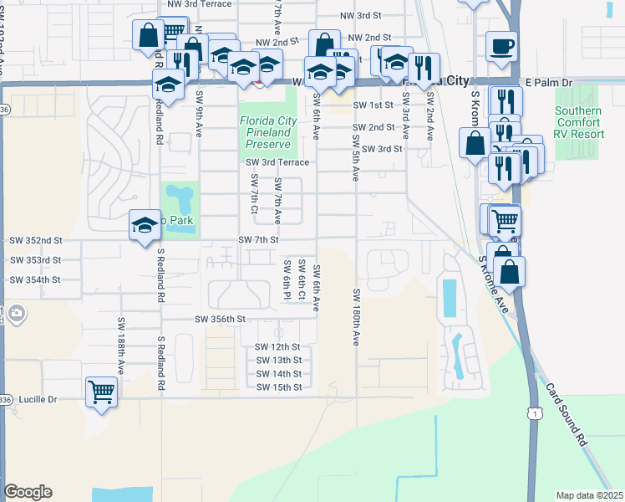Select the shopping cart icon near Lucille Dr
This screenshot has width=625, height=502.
pyautogui.click(x=101, y=392)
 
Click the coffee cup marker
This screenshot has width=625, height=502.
pyautogui.click(x=501, y=47)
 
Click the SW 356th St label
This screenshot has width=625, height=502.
pyautogui.click(x=220, y=319)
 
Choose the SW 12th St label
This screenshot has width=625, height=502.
pyautogui.click(x=277, y=347)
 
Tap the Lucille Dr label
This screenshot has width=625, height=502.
pyautogui.click(x=33, y=400)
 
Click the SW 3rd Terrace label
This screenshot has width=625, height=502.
pyautogui.click(x=277, y=162)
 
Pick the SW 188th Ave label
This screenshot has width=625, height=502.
pyautogui.click(x=121, y=345)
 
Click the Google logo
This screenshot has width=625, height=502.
pyautogui.click(x=28, y=492)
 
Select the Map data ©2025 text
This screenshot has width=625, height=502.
pyautogui.click(x=589, y=495)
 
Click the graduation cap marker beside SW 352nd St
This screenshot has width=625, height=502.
pyautogui.click(x=145, y=226)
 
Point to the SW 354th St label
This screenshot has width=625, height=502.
pyautogui.click(x=34, y=279)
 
